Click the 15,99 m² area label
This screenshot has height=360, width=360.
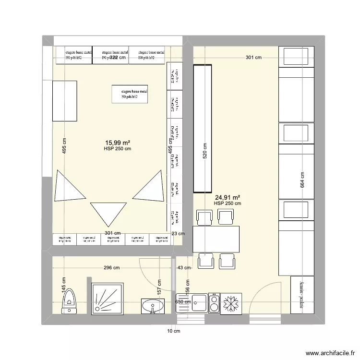117,143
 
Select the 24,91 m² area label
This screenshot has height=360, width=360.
228,197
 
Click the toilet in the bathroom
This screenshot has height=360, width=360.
70,301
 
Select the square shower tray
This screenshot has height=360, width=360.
108,299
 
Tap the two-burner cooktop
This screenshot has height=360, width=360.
214,303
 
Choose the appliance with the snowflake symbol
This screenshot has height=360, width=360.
231,303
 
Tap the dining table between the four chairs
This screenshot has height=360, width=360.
216,239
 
